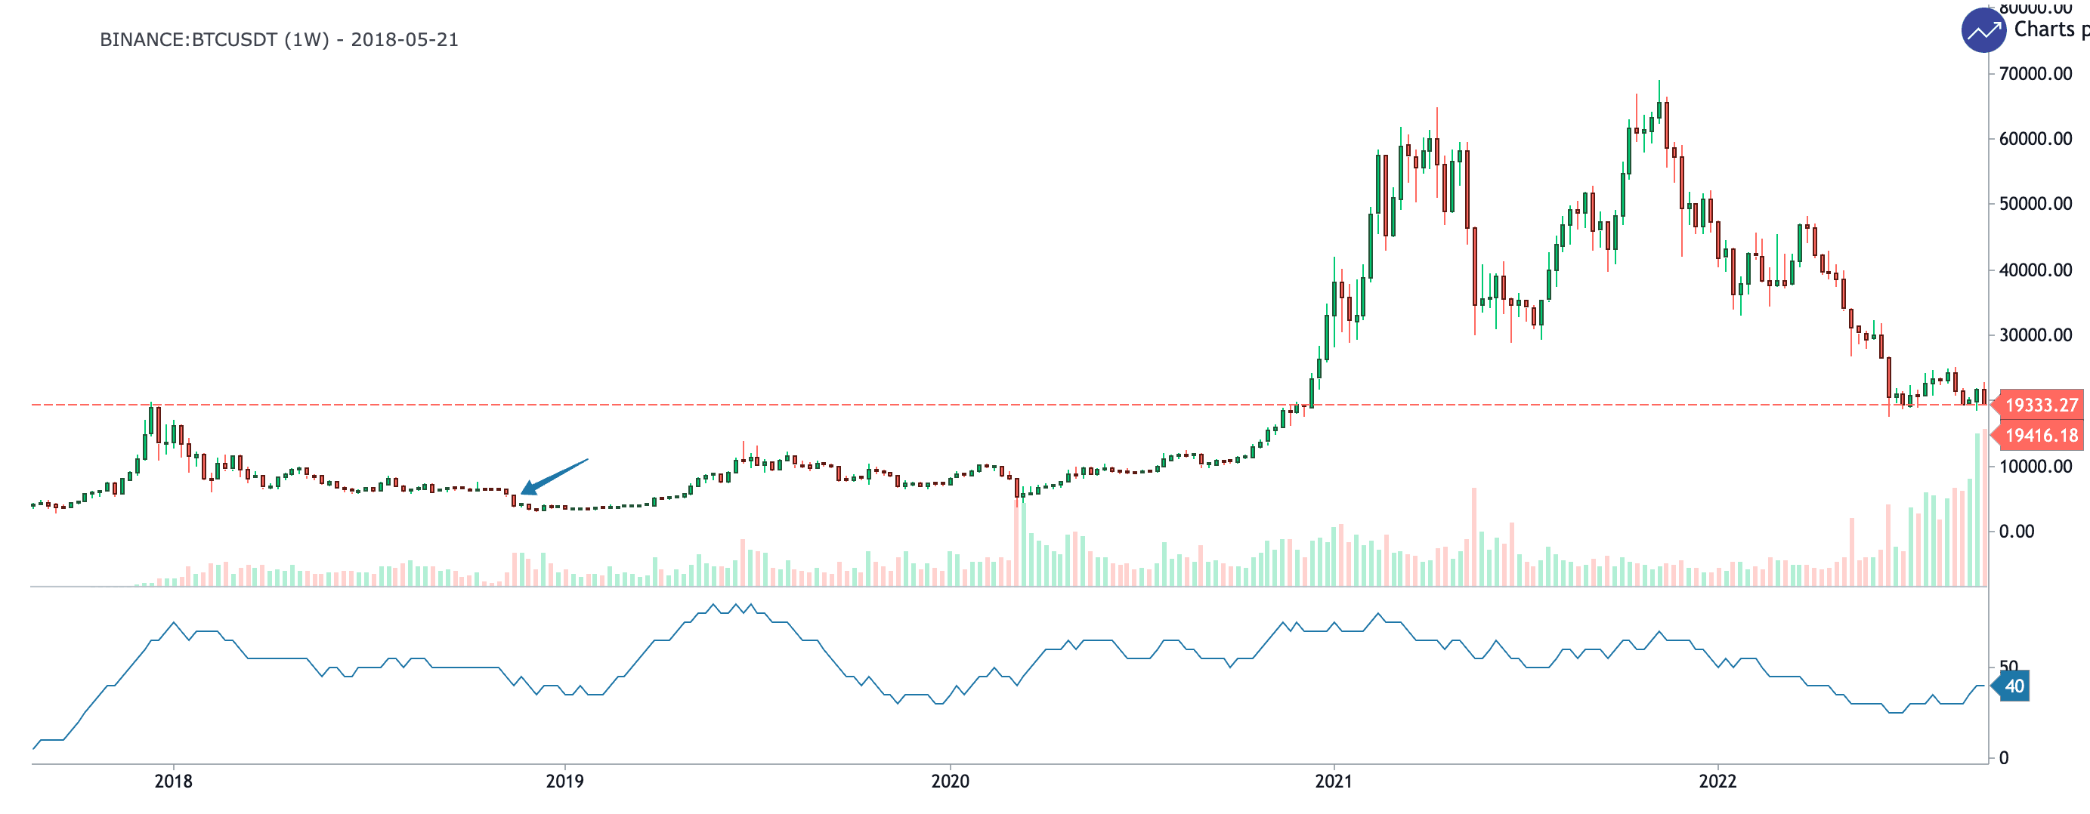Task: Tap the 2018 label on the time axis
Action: pyautogui.click(x=173, y=782)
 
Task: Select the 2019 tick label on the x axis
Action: pyautogui.click(x=564, y=782)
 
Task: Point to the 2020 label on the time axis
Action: pyautogui.click(x=949, y=782)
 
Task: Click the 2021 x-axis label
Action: pyautogui.click(x=1333, y=782)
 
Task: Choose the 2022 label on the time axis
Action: pyautogui.click(x=1717, y=782)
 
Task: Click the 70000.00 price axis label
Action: pyautogui.click(x=2035, y=74)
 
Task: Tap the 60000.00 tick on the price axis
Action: pyautogui.click(x=2035, y=139)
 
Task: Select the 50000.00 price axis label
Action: pyautogui.click(x=2035, y=204)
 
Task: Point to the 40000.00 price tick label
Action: pyautogui.click(x=2035, y=270)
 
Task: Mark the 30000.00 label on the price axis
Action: pyautogui.click(x=2035, y=335)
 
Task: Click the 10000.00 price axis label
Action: pyautogui.click(x=2035, y=466)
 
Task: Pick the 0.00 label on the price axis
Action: pyautogui.click(x=2016, y=532)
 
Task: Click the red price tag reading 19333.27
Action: pyautogui.click(x=2041, y=405)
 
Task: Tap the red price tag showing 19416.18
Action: pyautogui.click(x=2041, y=436)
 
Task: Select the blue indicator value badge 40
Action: pyautogui.click(x=2013, y=686)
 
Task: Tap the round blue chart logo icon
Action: pyautogui.click(x=1983, y=31)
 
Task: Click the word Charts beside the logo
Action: pyautogui.click(x=2044, y=30)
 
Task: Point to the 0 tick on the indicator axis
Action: pyautogui.click(x=2003, y=759)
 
